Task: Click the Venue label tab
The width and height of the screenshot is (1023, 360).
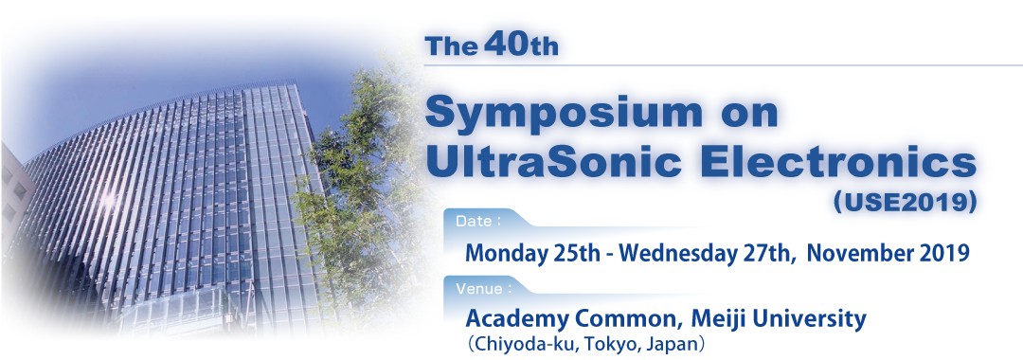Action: coord(483,286)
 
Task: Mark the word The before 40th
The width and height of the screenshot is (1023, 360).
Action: coord(452,47)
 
